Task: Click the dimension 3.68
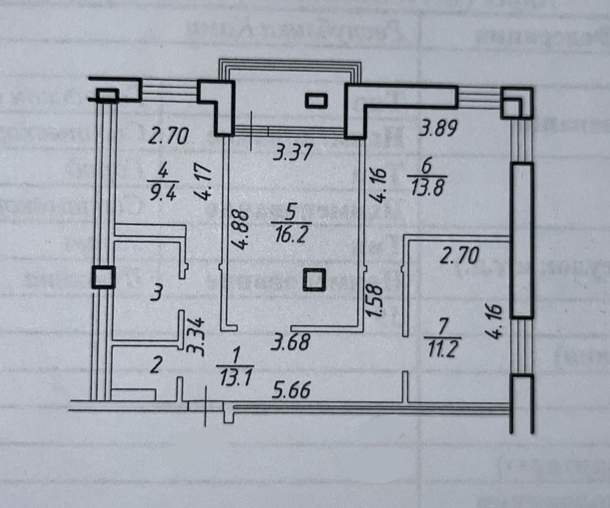pos(290,342)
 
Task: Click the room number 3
pos(155,294)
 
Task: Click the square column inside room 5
pos(314,280)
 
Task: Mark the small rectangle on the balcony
pos(316,101)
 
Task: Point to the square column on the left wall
pos(103,277)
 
